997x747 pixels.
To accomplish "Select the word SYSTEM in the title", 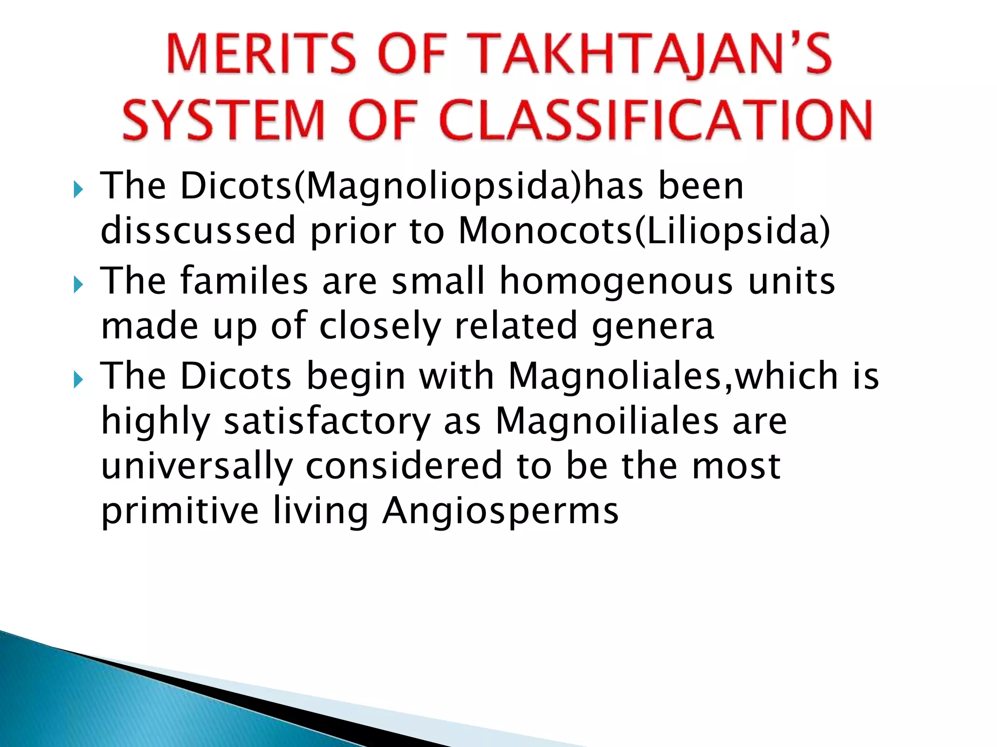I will (x=224, y=120).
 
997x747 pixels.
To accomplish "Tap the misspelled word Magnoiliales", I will (x=607, y=421).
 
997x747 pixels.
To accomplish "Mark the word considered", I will (x=404, y=465).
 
